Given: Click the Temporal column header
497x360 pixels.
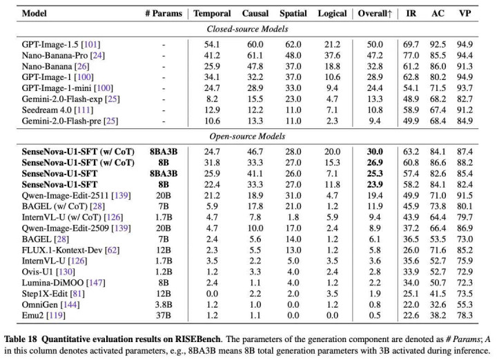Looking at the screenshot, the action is click(212, 14).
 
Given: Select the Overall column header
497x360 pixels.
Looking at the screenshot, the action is click(375, 14).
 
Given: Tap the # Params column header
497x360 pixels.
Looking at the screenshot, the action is click(164, 14).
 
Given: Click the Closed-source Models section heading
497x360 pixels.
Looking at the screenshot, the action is click(247, 29).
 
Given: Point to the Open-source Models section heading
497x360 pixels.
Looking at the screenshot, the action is click(247, 137).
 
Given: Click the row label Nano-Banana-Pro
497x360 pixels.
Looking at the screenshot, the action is click(55, 55).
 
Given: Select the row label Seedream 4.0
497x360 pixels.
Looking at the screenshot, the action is click(47, 110).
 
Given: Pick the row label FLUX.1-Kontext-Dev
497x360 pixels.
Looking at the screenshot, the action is click(62, 250).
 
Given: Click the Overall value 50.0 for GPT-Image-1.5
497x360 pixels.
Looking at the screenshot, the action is click(375, 45).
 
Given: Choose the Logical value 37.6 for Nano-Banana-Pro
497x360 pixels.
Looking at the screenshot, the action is click(332, 55).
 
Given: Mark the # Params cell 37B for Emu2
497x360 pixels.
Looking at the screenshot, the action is click(164, 315).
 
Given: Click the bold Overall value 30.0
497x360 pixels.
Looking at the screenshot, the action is click(375, 152).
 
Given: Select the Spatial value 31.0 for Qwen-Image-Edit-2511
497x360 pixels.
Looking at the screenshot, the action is click(293, 195).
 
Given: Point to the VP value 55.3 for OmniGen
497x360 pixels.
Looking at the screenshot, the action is click(465, 305).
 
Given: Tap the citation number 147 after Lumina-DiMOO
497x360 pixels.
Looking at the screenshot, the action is click(96, 283).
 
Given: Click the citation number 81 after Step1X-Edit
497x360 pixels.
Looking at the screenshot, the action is click(77, 294).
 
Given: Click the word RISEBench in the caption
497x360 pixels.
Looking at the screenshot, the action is click(197, 339).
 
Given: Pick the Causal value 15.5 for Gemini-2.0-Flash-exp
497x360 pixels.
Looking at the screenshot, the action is click(255, 99).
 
